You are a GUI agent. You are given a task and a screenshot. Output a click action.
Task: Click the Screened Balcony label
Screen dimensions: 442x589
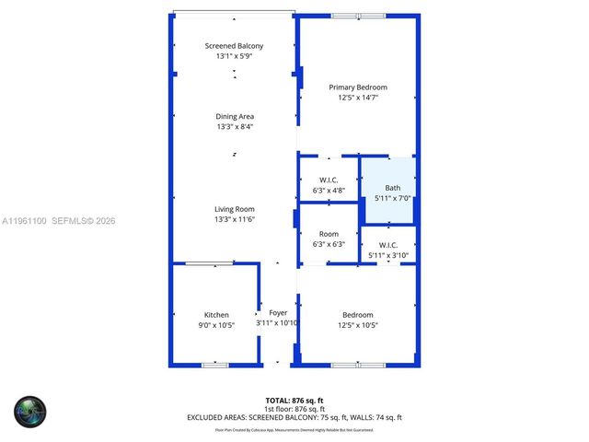pyautogui.click(x=234, y=46)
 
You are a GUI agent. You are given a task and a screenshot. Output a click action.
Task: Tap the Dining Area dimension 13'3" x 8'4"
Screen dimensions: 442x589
pyautogui.click(x=235, y=127)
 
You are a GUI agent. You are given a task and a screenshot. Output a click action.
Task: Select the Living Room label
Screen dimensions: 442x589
pyautogui.click(x=235, y=209)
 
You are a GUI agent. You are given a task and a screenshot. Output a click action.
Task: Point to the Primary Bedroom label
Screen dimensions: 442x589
pyautogui.click(x=358, y=87)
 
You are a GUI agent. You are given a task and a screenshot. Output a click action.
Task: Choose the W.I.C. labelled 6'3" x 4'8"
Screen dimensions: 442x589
pyautogui.click(x=329, y=184)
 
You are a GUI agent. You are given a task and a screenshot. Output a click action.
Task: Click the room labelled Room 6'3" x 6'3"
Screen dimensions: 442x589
pyautogui.click(x=329, y=239)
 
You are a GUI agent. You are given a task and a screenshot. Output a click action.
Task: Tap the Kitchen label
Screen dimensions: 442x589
pyautogui.click(x=216, y=315)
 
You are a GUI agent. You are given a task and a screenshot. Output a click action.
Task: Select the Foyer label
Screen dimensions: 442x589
pyautogui.click(x=278, y=313)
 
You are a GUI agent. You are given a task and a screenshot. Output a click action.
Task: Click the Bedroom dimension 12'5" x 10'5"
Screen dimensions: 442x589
pyautogui.click(x=358, y=324)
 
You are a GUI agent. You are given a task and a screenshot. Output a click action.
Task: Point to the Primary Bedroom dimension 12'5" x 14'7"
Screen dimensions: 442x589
pyautogui.click(x=358, y=98)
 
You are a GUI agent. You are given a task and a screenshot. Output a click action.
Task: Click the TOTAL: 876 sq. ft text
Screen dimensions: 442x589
pyautogui.click(x=294, y=400)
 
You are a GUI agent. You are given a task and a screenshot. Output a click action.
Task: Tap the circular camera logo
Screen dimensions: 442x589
pyautogui.click(x=29, y=410)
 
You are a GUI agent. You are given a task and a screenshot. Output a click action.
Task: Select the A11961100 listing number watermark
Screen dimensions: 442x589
pyautogui.click(x=27, y=221)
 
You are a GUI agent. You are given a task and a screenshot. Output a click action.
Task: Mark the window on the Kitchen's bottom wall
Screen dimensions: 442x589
pyautogui.click(x=214, y=366)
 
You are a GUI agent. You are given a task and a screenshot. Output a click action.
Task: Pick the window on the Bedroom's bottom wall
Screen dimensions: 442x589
pyautogui.click(x=358, y=366)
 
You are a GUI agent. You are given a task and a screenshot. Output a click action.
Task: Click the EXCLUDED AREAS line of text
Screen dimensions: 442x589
pyautogui.click(x=294, y=418)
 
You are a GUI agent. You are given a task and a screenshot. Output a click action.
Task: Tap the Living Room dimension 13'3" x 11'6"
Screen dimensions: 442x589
pyautogui.click(x=235, y=219)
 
